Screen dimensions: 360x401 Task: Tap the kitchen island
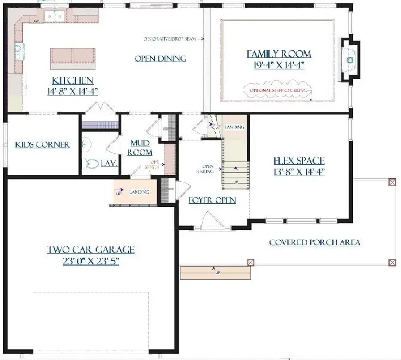72,56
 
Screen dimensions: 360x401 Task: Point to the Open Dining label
160,59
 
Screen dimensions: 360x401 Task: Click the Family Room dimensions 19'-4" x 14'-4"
279,65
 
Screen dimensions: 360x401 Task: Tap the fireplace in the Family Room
350,60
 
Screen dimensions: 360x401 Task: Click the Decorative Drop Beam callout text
170,39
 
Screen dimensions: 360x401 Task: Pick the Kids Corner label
42,145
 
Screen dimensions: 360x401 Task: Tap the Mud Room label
143,148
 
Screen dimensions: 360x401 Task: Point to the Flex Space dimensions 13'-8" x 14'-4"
298,172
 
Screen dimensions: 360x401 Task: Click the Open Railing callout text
208,169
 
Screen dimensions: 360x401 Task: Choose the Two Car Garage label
91,249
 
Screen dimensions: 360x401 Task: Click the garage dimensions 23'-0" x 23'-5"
91,261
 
